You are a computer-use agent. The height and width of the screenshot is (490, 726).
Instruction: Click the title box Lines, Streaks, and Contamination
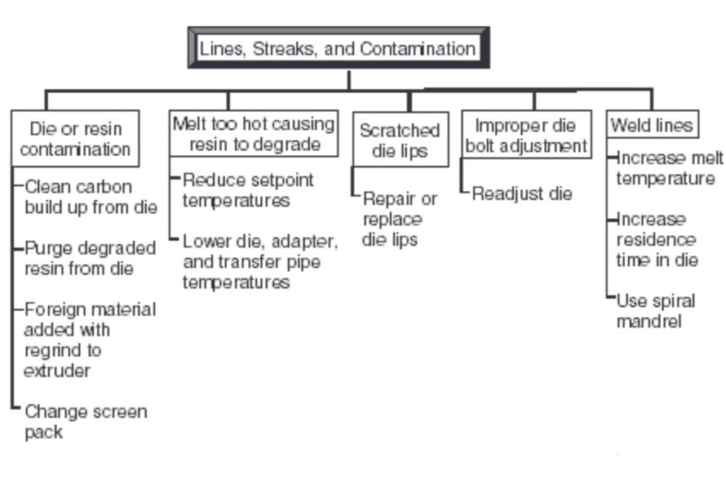coord(338,48)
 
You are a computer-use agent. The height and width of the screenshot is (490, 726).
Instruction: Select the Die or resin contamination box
coord(75,139)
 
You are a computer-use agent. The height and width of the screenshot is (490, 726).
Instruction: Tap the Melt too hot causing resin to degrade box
coord(254,134)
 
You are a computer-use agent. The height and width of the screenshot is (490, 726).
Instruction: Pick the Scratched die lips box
coord(400,140)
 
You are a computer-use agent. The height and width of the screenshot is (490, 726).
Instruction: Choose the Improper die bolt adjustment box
coord(526,136)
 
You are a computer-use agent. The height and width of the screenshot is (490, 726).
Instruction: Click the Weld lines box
coord(652,125)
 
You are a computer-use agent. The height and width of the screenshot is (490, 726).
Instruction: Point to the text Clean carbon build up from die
coord(90,197)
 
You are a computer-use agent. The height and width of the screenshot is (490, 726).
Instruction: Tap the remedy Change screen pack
coord(85,421)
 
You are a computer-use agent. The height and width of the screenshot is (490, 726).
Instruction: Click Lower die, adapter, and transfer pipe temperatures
coord(259,262)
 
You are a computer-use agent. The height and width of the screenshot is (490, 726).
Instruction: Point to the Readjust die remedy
coord(522,194)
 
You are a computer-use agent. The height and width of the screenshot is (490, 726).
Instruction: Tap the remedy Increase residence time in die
coord(657,240)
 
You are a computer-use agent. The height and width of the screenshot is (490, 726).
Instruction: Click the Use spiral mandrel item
coord(655,310)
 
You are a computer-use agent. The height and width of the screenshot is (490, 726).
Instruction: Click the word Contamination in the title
coord(418,48)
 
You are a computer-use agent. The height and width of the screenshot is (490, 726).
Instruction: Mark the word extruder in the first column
coord(56,371)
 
